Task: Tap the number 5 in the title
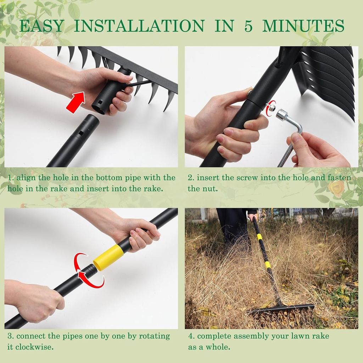(248, 26)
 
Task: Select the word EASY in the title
(42, 26)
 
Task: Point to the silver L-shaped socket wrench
(290, 131)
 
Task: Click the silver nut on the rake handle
(272, 107)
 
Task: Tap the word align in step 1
(26, 178)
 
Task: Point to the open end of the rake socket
(97, 108)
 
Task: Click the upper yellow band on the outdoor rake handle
(259, 236)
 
